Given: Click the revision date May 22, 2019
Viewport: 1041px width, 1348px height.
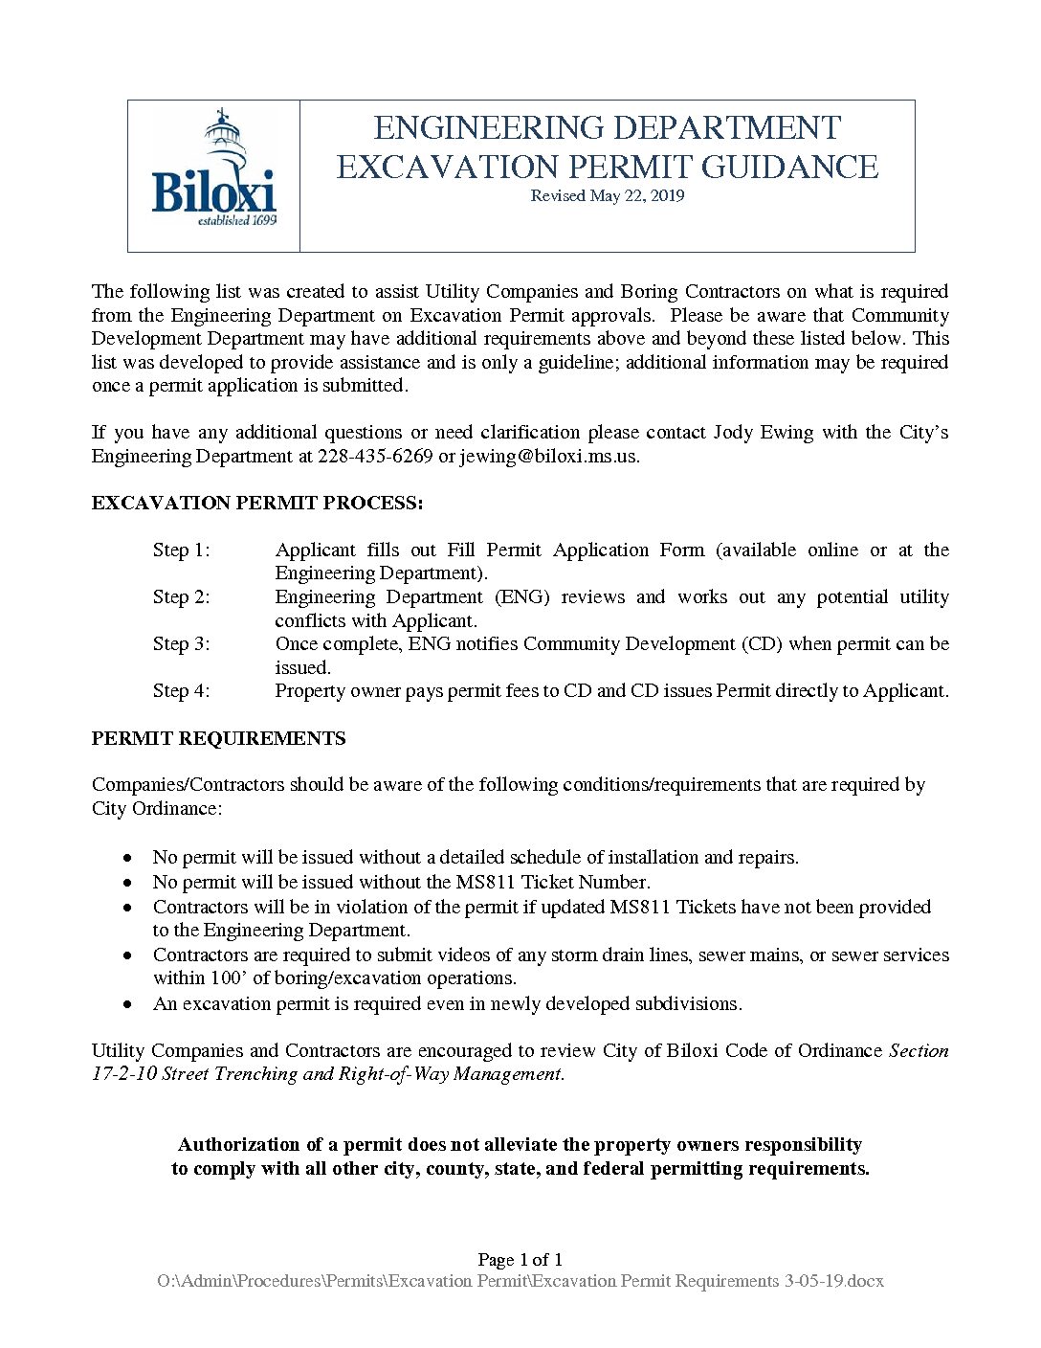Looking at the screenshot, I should click(x=608, y=196).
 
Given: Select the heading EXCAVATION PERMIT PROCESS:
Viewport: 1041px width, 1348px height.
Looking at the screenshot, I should click(x=256, y=504).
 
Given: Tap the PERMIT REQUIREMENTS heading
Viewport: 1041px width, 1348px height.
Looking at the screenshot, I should click(x=218, y=738).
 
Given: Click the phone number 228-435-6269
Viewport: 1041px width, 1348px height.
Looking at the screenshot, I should click(x=375, y=456).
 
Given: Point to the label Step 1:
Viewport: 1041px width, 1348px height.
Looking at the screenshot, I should click(x=181, y=550).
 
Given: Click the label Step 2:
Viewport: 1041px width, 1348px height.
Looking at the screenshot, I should click(x=181, y=597).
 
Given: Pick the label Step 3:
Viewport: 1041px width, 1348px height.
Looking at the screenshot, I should click(x=181, y=644).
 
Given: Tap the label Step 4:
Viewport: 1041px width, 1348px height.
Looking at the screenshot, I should click(x=181, y=691).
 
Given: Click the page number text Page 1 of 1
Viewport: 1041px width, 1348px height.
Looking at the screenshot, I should click(x=520, y=1260).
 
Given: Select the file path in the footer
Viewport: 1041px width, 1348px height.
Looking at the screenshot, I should click(x=520, y=1281).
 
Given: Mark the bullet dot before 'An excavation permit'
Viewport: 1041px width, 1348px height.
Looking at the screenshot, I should click(x=128, y=1004).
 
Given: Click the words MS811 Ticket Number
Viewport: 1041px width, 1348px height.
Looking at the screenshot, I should click(x=552, y=883).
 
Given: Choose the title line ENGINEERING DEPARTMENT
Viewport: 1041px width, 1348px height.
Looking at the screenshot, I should click(x=607, y=128).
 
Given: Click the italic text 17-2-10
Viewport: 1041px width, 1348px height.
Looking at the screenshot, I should click(x=123, y=1074).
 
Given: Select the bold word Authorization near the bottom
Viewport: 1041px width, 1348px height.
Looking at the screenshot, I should click(x=238, y=1145).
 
